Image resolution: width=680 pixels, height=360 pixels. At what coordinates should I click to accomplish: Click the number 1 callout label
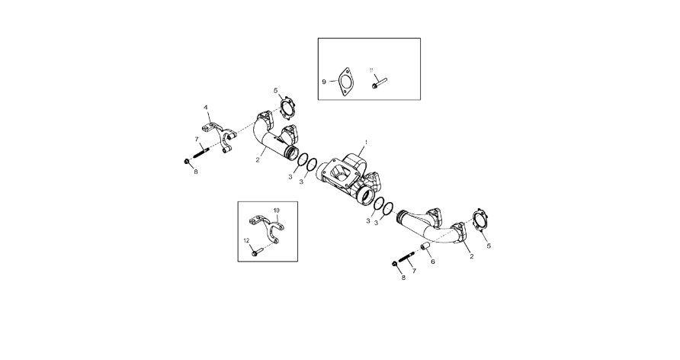366,142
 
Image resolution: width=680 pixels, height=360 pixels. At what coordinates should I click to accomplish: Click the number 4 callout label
206,107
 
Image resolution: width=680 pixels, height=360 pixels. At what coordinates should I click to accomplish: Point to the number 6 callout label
432,262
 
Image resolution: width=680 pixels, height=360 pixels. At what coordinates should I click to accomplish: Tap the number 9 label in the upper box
324,82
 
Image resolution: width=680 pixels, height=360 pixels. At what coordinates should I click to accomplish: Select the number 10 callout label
276,211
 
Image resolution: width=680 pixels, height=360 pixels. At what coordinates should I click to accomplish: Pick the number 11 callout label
371,70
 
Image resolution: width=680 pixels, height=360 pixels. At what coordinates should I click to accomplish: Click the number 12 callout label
246,240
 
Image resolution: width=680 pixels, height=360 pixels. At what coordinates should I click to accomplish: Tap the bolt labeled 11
379,82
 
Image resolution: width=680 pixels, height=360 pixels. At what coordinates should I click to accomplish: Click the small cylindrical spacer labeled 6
425,248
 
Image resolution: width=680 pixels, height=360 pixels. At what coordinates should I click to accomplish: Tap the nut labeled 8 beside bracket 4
187,162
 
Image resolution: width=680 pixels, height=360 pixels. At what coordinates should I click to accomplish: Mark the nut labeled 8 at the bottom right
395,264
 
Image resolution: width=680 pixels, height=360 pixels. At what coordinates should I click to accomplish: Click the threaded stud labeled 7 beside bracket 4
200,153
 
